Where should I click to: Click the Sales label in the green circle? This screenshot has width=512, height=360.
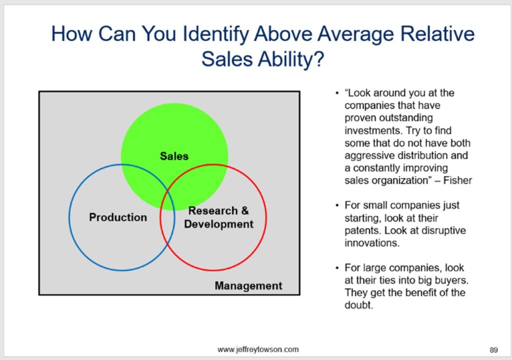pos(174,156)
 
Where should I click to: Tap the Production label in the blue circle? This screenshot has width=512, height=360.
pos(118,217)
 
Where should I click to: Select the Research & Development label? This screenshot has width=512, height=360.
pos(218,217)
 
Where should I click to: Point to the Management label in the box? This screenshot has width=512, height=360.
pos(248,286)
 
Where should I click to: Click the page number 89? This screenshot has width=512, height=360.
pos(493,350)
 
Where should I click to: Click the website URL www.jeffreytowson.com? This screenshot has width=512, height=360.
pos(258,349)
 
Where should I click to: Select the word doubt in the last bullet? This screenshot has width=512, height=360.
pos(358,305)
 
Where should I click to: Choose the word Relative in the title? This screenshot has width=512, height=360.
pos(437,33)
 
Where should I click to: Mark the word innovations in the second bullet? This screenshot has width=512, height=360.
pos(372,242)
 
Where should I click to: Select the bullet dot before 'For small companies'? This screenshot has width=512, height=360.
pos(336,205)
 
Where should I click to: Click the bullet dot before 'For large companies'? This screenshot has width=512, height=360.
pos(336,268)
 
